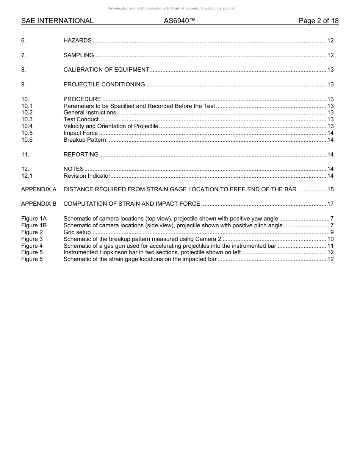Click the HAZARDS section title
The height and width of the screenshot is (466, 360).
coord(77,41)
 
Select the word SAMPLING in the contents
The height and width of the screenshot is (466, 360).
coord(78,55)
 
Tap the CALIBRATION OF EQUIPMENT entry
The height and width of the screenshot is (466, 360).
coord(106,70)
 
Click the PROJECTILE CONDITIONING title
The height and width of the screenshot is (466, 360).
coord(104,84)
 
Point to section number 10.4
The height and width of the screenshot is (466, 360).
coord(27,126)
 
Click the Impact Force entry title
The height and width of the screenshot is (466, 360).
coord(81,133)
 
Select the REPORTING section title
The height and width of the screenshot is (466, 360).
coord(81,155)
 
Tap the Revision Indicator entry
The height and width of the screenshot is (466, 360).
coord(87,176)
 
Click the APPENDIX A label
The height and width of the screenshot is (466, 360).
coord(39,189)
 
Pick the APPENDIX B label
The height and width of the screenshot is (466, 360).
coord(39,204)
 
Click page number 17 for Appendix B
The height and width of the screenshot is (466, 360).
coord(330,204)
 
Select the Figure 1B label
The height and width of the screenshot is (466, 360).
coord(34,225)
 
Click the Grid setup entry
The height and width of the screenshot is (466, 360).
coord(77,232)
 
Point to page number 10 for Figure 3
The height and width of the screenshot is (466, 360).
coord(330,239)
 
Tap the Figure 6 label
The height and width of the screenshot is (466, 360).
coord(32,259)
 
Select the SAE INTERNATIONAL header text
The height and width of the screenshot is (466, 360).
coord(57,21)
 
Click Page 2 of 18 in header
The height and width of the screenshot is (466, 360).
coord(318,21)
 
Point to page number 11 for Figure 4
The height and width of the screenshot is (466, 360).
coord(330,246)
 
